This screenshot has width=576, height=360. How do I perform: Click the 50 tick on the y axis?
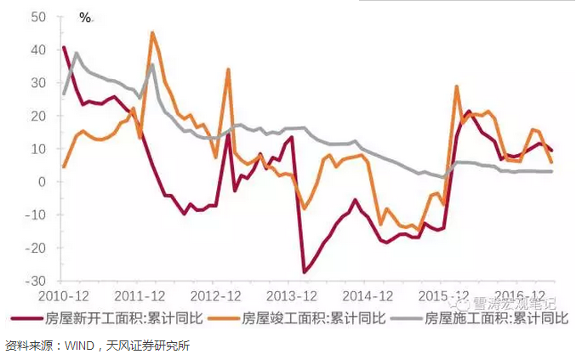[x=38, y=16]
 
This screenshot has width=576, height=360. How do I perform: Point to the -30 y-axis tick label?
[x=36, y=280]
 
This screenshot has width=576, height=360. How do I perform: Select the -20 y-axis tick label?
[x=36, y=248]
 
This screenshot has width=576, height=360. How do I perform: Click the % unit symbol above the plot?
[x=85, y=17]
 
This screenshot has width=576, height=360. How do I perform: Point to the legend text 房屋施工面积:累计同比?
[x=497, y=319]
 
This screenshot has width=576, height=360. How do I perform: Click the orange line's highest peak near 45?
[x=152, y=33]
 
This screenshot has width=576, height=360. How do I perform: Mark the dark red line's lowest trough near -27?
[x=305, y=271]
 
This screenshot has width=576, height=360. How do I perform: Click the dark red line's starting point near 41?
[x=64, y=47]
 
